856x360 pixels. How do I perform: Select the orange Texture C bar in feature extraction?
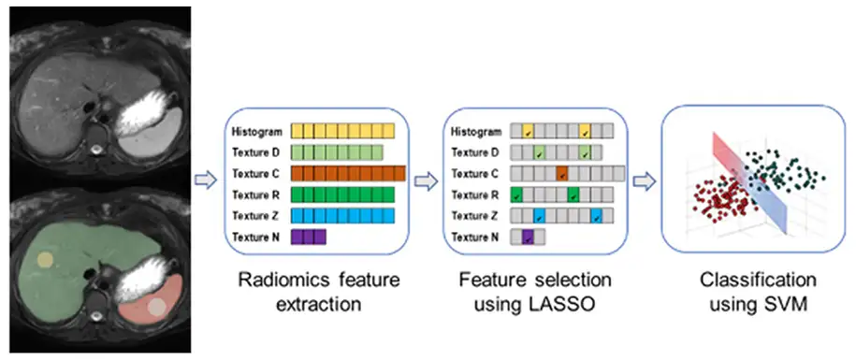click(x=347, y=174)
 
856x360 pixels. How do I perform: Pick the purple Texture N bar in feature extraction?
click(x=308, y=238)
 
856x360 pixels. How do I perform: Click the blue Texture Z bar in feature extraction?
click(x=342, y=216)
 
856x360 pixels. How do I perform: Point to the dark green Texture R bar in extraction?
click(x=342, y=195)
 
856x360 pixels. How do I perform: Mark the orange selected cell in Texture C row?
click(x=562, y=174)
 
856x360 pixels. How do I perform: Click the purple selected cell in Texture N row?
click(x=528, y=238)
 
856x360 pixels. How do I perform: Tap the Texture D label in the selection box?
click(x=475, y=152)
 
